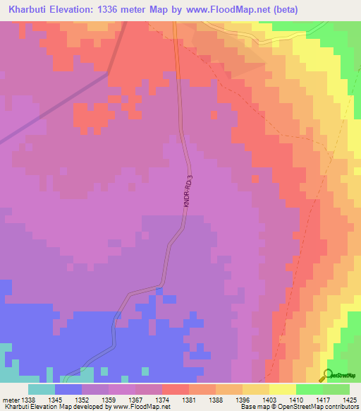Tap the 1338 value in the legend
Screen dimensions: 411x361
click(29, 399)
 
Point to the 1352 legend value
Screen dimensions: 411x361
click(82, 399)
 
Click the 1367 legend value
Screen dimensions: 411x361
click(136, 399)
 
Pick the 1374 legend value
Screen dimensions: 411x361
click(163, 399)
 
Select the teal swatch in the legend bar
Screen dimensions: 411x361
click(42, 389)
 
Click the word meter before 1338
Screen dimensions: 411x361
click(10, 399)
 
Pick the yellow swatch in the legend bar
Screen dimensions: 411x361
click(283, 389)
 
